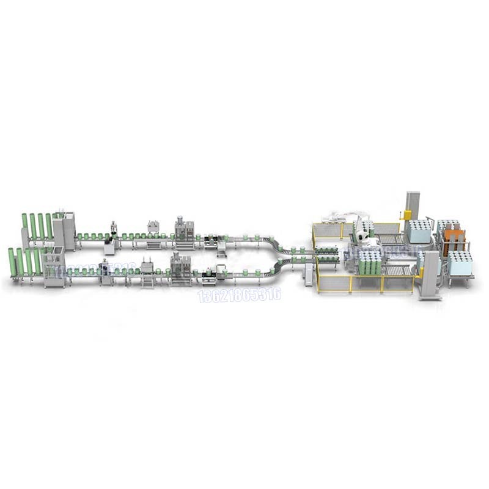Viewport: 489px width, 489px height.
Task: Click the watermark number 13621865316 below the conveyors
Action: tap(239, 295)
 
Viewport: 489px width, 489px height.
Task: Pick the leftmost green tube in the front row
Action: tap(12, 262)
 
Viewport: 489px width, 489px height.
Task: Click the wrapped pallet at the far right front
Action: tap(460, 263)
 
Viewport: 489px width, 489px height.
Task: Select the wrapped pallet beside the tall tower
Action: tap(420, 232)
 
